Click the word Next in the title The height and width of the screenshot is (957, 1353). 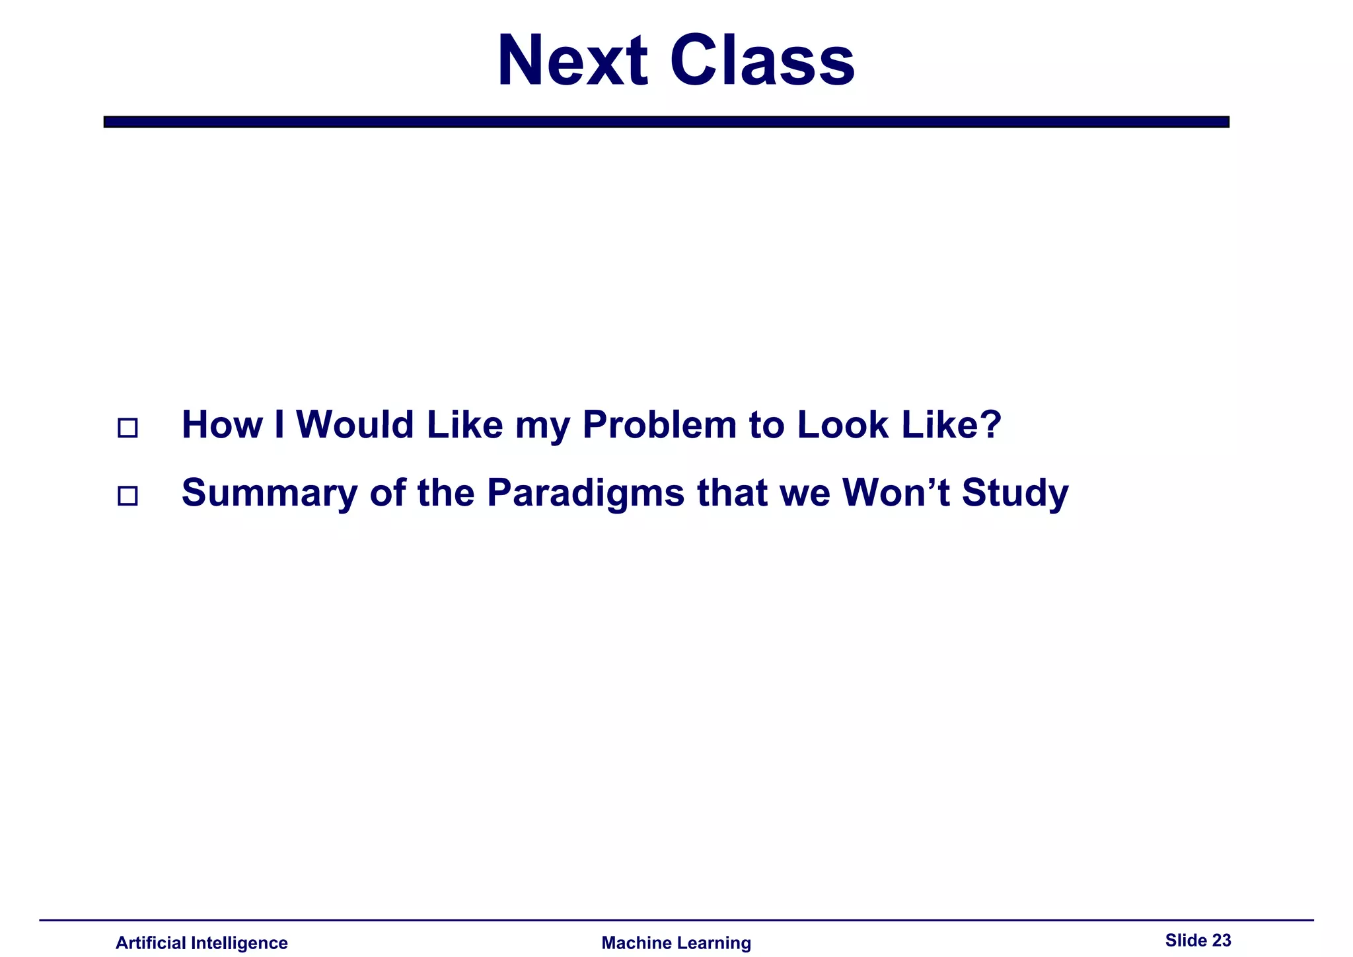coord(572,61)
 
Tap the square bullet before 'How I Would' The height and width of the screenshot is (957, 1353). coord(128,428)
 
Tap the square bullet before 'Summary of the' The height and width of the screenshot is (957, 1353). coord(128,496)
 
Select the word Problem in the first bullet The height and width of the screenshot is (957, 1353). coord(659,424)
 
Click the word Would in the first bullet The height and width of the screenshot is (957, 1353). coord(355,424)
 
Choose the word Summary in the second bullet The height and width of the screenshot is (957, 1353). coord(269,494)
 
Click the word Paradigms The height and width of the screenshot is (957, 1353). coord(585,494)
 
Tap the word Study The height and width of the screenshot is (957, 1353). coord(1014,494)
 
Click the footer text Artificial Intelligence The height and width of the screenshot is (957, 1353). coord(201,942)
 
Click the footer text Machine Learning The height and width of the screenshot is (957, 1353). coord(676,942)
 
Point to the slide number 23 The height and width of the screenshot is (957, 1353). coord(1222,940)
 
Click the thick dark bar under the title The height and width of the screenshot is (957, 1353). coord(666,122)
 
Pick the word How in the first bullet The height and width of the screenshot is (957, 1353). coord(222,424)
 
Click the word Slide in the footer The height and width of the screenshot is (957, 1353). coord(1186,940)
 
